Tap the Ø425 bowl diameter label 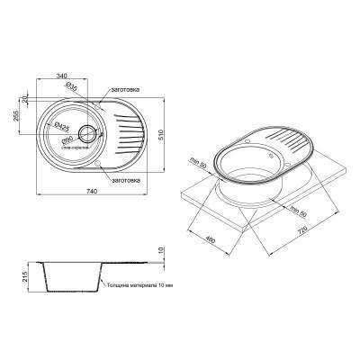[60, 126]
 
